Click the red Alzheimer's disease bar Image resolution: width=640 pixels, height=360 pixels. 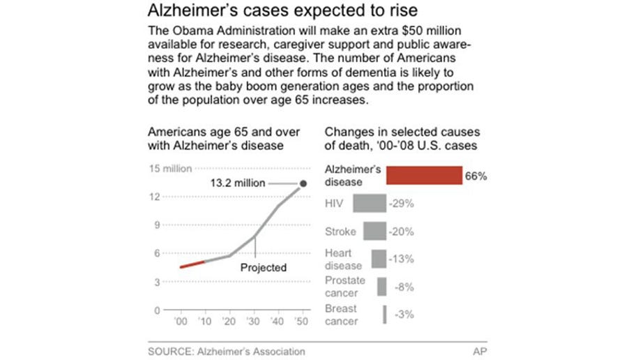click(x=424, y=175)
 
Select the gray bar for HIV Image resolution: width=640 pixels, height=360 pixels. click(x=369, y=203)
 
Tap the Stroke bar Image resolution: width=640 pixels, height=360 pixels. click(x=374, y=231)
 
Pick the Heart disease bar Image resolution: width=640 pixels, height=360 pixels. click(x=379, y=259)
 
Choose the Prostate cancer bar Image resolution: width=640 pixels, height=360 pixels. click(x=381, y=287)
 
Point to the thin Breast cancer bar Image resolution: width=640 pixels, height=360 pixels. click(x=384, y=315)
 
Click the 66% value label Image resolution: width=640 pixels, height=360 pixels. click(x=475, y=176)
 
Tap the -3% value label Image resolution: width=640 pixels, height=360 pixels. click(x=402, y=315)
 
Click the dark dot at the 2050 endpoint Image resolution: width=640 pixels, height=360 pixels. click(x=303, y=184)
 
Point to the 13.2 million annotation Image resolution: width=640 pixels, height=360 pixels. click(x=238, y=183)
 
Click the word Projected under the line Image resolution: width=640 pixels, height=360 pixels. click(x=264, y=267)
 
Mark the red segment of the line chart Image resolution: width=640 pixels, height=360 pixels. click(x=192, y=264)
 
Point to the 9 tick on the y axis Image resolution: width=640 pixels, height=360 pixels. click(x=157, y=225)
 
